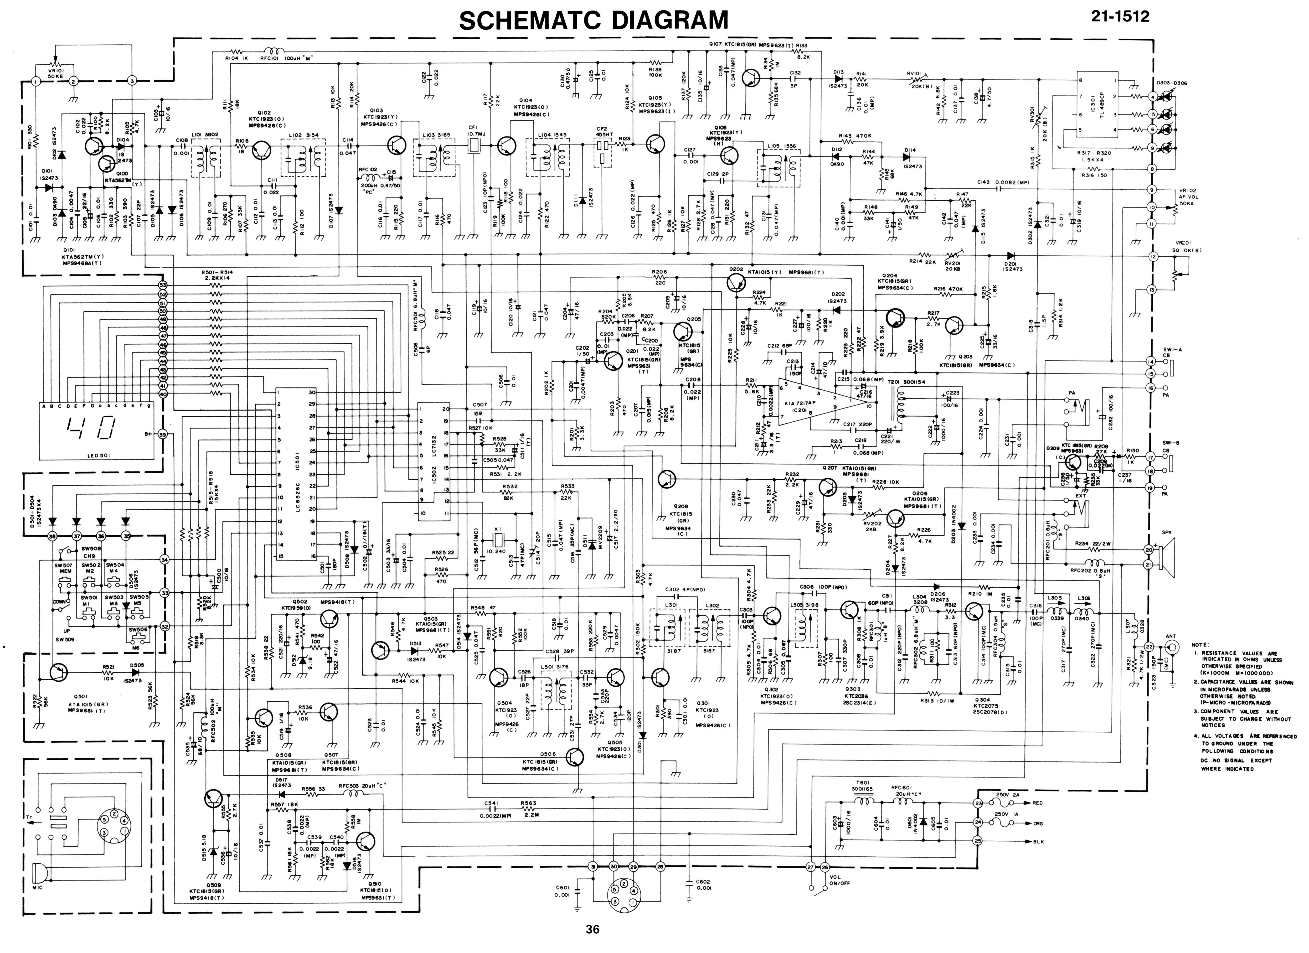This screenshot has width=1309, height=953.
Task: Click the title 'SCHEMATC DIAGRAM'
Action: pyautogui.click(x=593, y=21)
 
